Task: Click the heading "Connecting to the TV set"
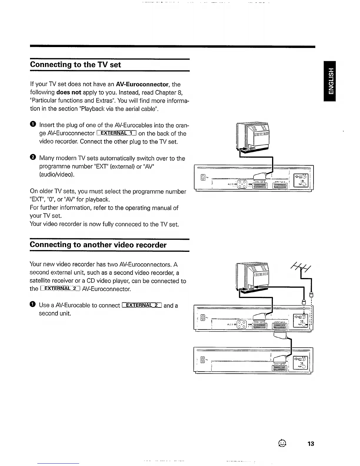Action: click(75, 65)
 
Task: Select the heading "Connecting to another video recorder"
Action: click(98, 245)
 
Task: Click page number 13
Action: click(311, 444)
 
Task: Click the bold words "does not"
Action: click(69, 93)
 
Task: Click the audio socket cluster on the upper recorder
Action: click(242, 185)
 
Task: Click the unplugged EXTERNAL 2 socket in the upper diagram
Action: click(280, 185)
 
